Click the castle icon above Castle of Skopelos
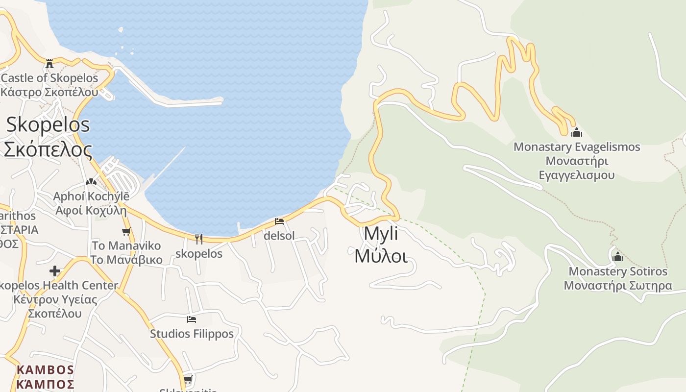tap(49, 64)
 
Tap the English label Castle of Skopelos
tap(49, 78)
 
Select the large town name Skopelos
tap(48, 124)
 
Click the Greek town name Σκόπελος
tap(48, 149)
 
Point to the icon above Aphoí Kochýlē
tap(91, 182)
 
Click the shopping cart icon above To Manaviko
tap(126, 232)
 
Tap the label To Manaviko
tap(126, 245)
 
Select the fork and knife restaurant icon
tap(198, 239)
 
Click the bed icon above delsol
tap(279, 221)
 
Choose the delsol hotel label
tap(279, 236)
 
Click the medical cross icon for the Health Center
tap(55, 271)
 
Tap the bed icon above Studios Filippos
tap(192, 319)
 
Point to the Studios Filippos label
tap(192, 334)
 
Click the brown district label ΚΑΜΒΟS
tap(45, 370)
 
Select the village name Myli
tap(381, 234)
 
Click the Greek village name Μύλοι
tap(381, 256)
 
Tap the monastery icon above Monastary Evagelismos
tap(577, 132)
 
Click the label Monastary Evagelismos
tap(577, 147)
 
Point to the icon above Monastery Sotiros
tap(618, 257)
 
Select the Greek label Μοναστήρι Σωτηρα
tap(618, 286)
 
